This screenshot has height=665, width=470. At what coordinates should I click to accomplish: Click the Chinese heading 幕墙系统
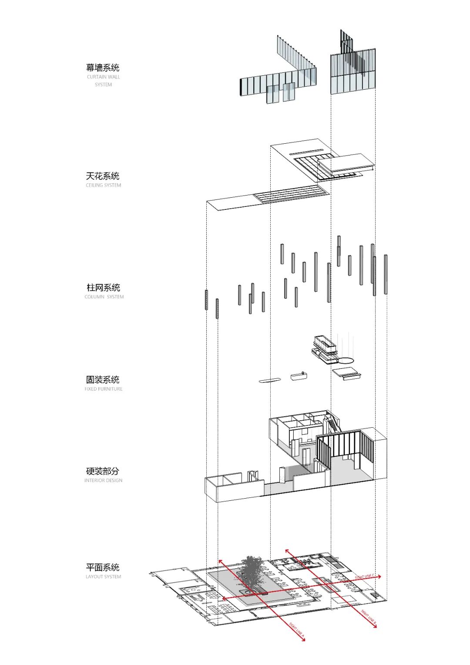pyautogui.click(x=103, y=68)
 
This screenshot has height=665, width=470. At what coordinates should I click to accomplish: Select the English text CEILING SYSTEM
pyautogui.click(x=104, y=185)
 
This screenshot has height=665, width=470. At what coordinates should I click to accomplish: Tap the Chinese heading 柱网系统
pyautogui.click(x=104, y=287)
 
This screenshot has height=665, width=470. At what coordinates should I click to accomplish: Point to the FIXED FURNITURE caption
pyautogui.click(x=104, y=389)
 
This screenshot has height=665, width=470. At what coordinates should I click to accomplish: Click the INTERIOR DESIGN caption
pyautogui.click(x=104, y=480)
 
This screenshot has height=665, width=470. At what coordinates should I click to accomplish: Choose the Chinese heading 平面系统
pyautogui.click(x=103, y=567)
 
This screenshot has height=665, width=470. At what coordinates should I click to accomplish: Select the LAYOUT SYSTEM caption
pyautogui.click(x=104, y=577)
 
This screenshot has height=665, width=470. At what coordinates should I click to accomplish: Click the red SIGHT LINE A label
pyautogui.click(x=296, y=630)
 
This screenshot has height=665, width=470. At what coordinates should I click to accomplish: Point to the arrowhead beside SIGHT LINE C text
pyautogui.click(x=379, y=577)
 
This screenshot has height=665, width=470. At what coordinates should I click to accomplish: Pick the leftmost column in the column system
pyautogui.click(x=206, y=300)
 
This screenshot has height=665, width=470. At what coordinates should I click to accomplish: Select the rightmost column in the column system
pyautogui.click(x=386, y=274)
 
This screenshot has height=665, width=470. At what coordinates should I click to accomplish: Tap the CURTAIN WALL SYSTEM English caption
pyautogui.click(x=104, y=81)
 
